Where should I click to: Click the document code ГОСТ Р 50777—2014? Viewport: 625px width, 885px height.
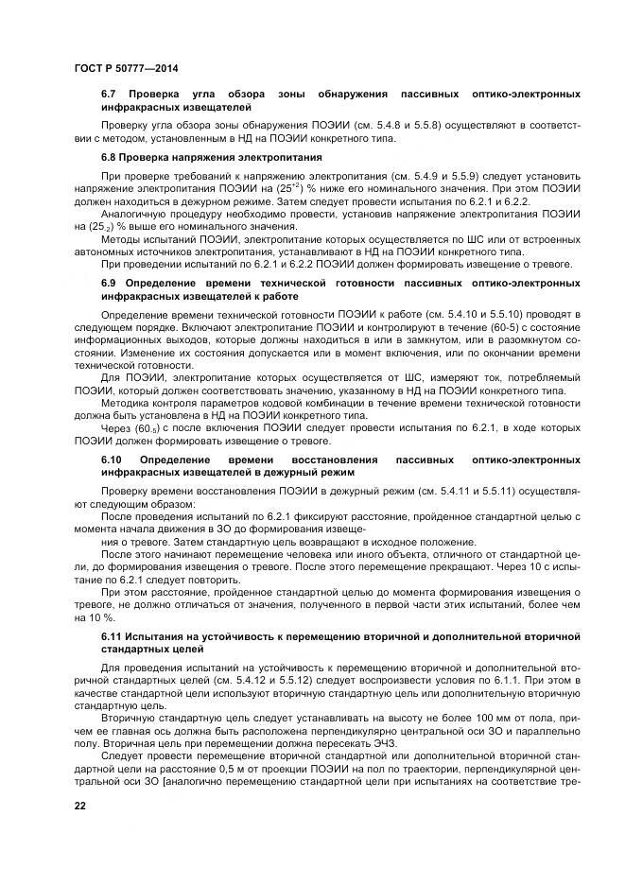click(125, 68)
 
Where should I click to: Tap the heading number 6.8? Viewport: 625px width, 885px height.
click(109, 156)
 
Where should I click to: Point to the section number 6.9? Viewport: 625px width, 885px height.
click(109, 283)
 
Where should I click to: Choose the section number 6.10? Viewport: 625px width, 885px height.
click(112, 459)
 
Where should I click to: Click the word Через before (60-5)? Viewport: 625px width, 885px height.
click(116, 428)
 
